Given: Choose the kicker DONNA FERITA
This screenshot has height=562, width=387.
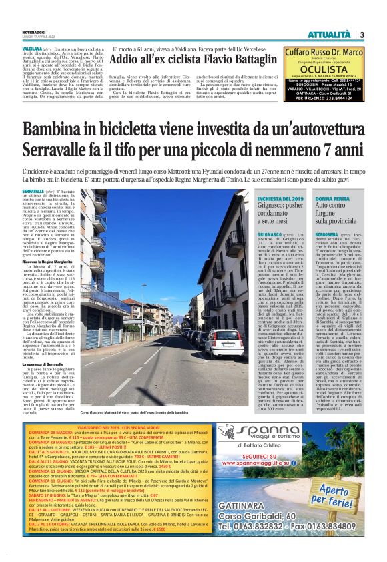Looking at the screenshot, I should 332,200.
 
